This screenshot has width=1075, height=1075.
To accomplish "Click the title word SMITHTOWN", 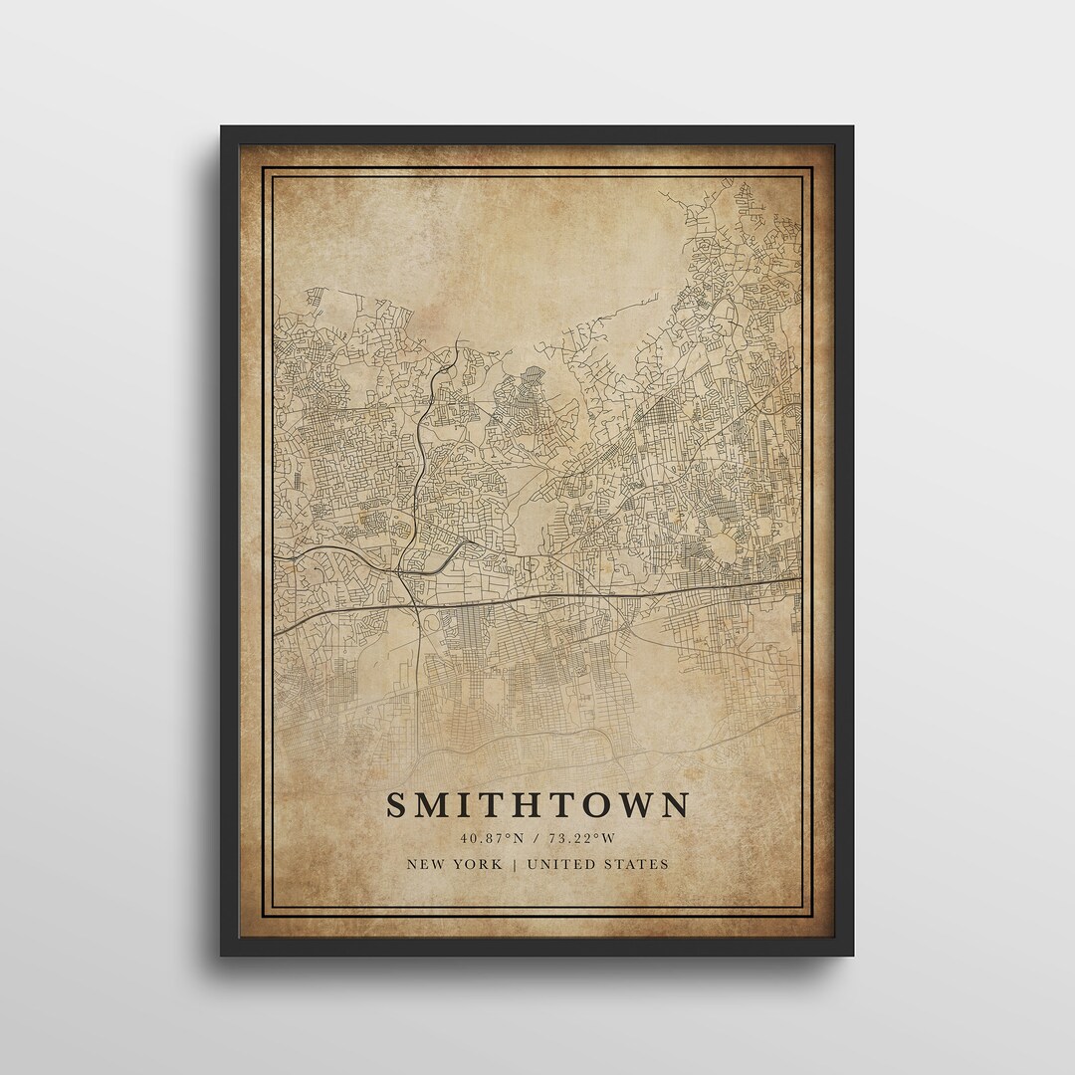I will (537, 804).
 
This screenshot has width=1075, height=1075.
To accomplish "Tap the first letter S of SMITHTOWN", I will (396, 804).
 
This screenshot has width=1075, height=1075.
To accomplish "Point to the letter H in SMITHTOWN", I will (516, 804).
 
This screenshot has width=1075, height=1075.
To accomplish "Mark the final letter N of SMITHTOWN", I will (676, 804).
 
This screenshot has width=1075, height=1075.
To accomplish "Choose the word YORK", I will (479, 864).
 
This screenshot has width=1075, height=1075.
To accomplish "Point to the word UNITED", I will (559, 864).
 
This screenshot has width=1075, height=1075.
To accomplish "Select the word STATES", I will (637, 864).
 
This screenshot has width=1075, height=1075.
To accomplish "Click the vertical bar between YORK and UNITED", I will (515, 864).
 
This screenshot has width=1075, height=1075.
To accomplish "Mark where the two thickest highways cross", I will (412, 604).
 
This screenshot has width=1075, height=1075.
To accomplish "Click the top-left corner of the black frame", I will (222, 127).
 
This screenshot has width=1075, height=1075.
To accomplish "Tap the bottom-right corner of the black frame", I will (852, 955).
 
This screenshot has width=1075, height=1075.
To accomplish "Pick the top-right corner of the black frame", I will (852, 127).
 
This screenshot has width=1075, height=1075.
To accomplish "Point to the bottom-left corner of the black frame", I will (222, 955).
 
